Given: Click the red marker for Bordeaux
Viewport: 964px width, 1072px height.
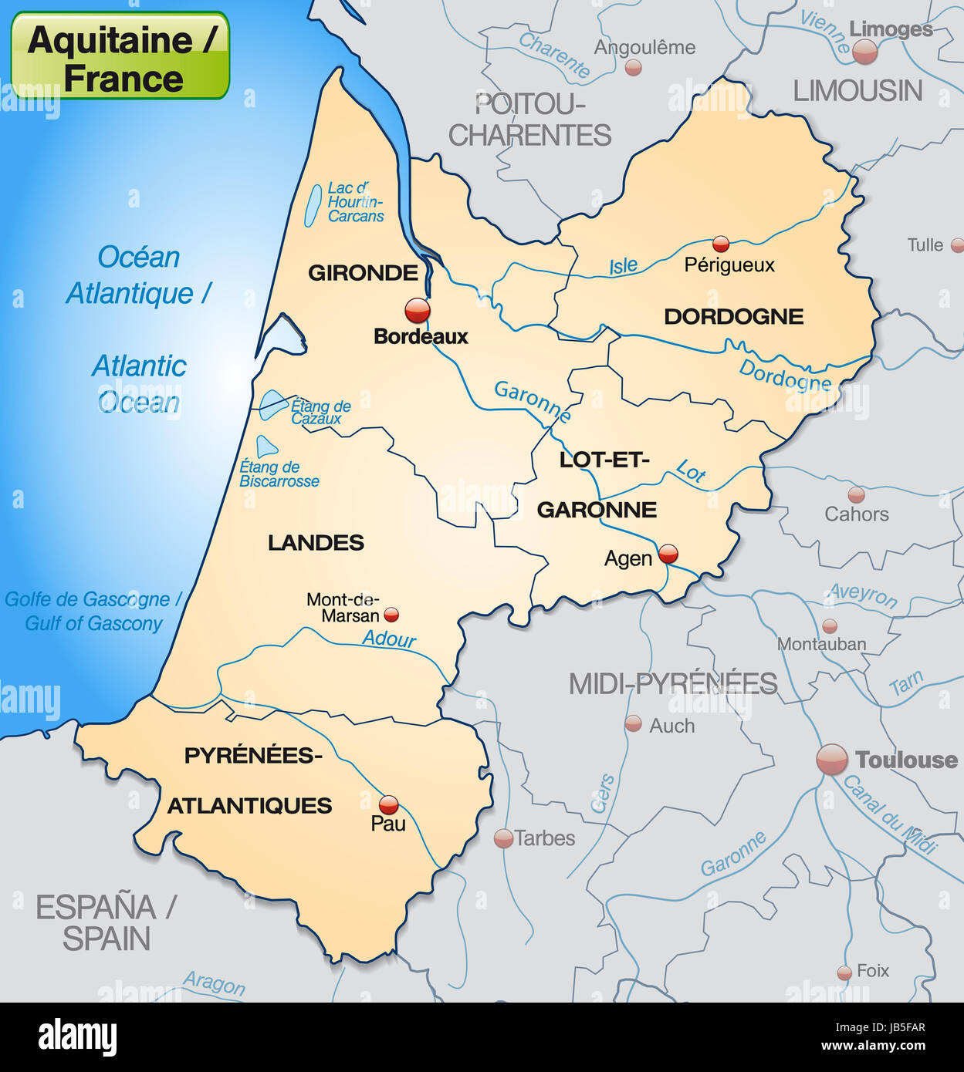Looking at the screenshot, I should coord(418,311).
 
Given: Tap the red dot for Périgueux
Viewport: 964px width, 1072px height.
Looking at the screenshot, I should coord(721,244).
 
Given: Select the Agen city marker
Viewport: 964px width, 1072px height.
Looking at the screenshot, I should coord(668,553).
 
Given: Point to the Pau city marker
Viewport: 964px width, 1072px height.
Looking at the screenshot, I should coord(389,805).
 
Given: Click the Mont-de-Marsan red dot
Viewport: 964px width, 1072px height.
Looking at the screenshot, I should coord(391,615).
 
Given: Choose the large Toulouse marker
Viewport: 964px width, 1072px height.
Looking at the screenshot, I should coord(832,760).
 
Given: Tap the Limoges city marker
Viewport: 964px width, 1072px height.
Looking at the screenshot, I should coord(864,52).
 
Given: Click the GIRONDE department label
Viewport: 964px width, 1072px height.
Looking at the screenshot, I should coord(363,272).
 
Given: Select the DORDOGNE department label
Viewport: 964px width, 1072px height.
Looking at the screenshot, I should coord(733,316).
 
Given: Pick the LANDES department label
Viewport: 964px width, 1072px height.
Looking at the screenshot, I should coord(316,543).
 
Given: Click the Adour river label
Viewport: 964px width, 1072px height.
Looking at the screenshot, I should coord(389,639).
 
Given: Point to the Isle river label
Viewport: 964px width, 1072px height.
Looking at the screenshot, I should coord(624,266).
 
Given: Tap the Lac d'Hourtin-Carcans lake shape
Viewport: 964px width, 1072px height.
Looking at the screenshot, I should coord(313,205).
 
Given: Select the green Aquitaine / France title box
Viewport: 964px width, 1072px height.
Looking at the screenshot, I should coord(120,56).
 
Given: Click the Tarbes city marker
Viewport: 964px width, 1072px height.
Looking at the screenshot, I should coord(503,838).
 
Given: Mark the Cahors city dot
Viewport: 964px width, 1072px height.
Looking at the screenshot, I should coord(856,494).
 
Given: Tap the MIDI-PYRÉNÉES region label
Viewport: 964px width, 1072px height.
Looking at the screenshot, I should coord(673,684).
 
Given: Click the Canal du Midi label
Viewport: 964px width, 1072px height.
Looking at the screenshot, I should coord(889,815).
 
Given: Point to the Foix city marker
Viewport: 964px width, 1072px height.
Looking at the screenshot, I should coord(844,973).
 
